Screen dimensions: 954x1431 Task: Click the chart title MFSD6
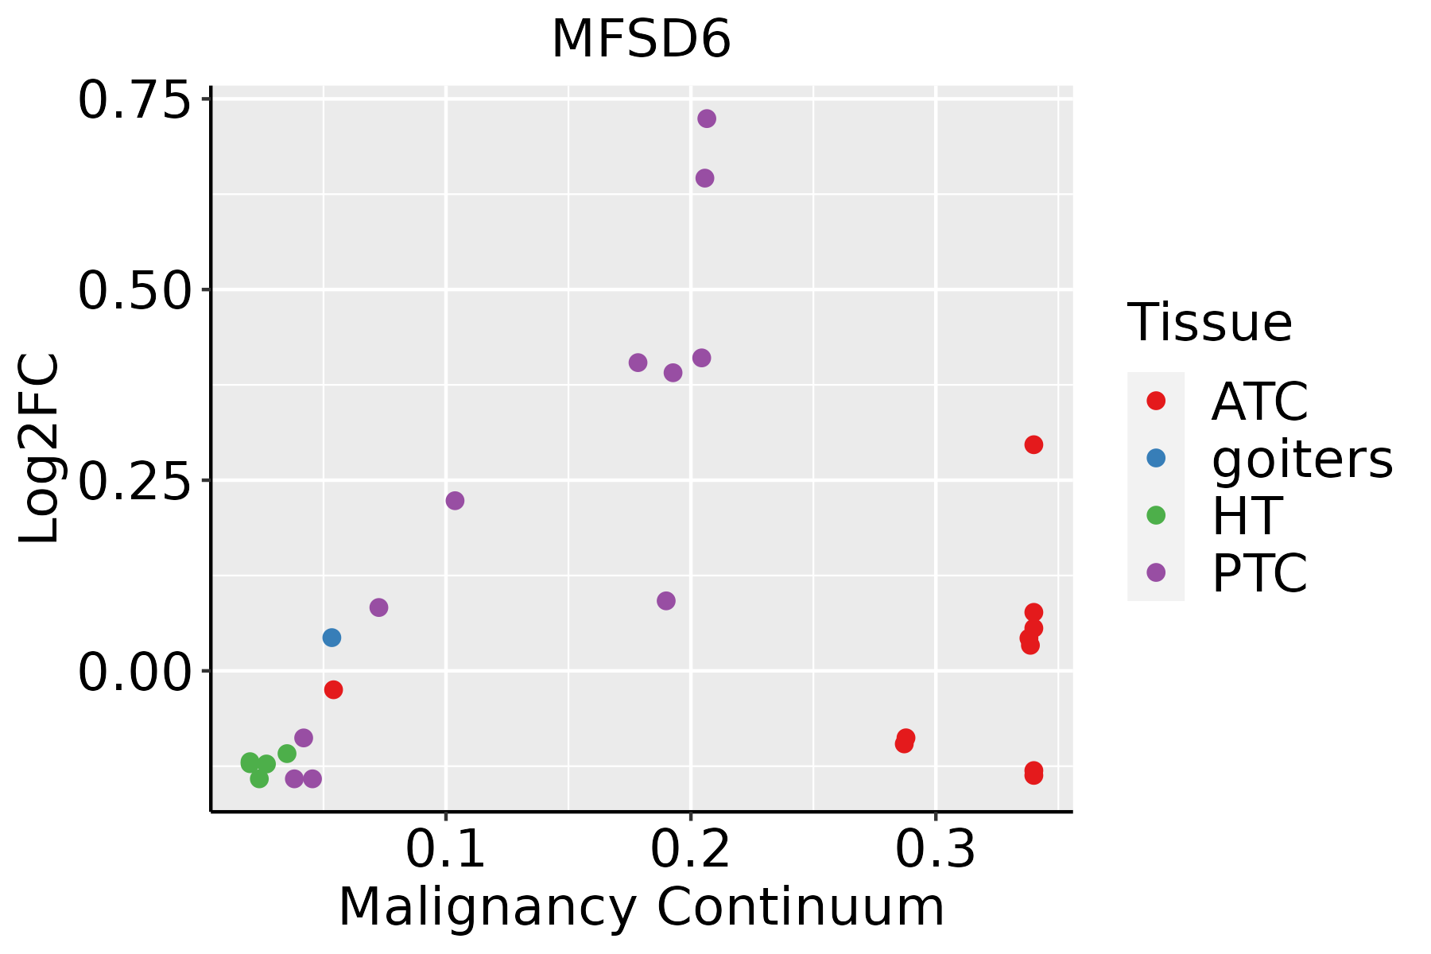point(641,40)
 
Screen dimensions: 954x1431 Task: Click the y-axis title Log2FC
point(40,448)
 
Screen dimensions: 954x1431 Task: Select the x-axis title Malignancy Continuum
point(641,908)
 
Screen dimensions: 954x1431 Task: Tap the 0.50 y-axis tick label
point(135,290)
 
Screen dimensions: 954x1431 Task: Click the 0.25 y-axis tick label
point(135,481)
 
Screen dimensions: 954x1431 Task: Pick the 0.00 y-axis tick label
point(135,672)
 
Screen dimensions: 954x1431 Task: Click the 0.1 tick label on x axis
point(445,851)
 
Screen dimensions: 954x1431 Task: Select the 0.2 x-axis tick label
point(690,851)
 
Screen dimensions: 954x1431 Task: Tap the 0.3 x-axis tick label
point(935,851)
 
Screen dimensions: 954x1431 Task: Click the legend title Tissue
point(1209,323)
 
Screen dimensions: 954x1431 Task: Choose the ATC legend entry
point(1259,401)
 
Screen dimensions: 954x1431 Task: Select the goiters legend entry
point(1301,459)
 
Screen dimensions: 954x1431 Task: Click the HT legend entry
point(1246,516)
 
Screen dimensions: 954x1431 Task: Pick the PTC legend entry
point(1259,573)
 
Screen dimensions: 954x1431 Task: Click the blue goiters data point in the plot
point(332,638)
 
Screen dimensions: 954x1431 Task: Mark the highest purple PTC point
point(707,118)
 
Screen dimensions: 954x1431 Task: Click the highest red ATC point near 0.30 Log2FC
point(1033,444)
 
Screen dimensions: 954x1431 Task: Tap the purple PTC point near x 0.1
point(455,501)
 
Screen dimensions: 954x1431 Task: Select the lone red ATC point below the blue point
point(334,689)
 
